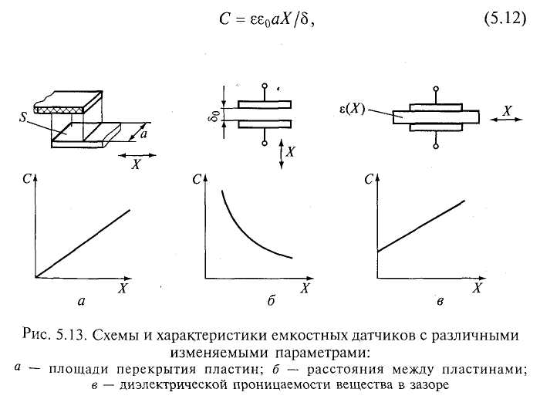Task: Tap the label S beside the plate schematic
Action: click(x=26, y=120)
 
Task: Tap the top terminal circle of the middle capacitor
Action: click(x=265, y=86)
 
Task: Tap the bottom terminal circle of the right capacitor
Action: click(x=436, y=145)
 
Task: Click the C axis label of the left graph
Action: click(x=26, y=179)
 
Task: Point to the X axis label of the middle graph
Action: click(x=305, y=288)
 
